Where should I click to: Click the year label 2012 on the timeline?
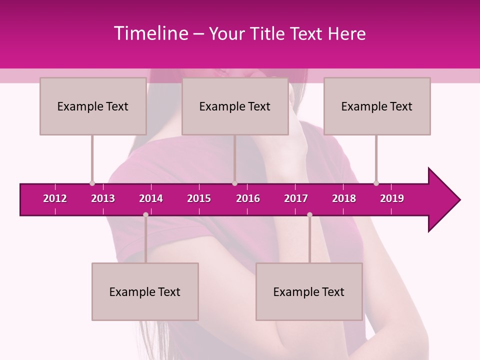click(55, 198)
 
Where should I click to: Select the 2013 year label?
click(103, 198)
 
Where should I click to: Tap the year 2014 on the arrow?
click(151, 198)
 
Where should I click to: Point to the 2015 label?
click(199, 198)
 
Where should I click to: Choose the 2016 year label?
click(248, 198)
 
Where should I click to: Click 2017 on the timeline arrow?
click(296, 198)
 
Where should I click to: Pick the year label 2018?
click(344, 198)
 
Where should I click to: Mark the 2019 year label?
click(392, 198)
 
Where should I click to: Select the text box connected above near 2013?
click(93, 106)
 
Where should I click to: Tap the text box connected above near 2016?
click(235, 106)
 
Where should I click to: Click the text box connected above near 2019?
click(377, 106)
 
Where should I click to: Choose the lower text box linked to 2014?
click(145, 291)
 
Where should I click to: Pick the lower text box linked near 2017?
click(309, 291)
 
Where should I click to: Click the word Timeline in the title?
click(149, 33)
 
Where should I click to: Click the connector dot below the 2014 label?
click(145, 214)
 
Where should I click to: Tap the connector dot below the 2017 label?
click(309, 214)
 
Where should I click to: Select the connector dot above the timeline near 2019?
click(376, 183)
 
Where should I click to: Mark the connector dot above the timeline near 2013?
click(92, 183)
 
